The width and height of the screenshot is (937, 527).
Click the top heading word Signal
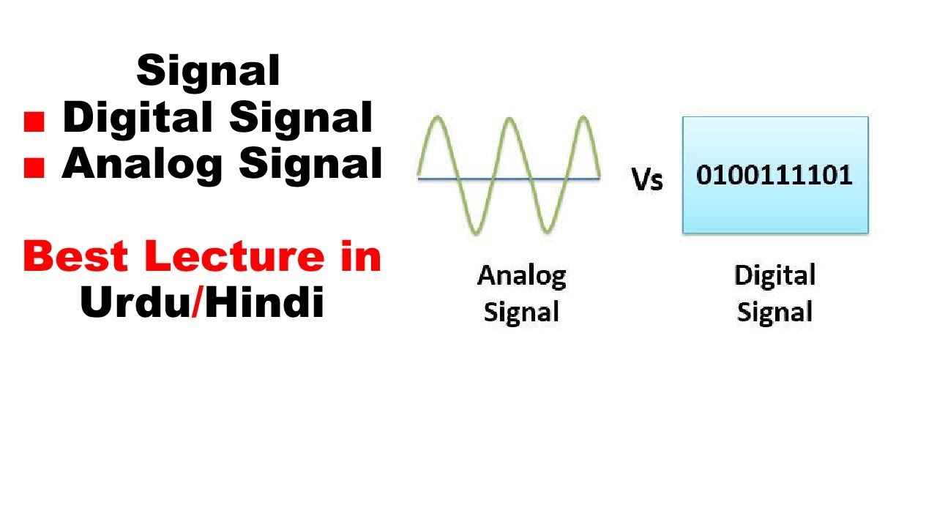pos(208,71)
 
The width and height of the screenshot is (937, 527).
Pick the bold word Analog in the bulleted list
pos(143,164)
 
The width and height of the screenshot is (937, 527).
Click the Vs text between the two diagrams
pos(647,179)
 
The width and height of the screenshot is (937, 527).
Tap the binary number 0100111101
pos(774,176)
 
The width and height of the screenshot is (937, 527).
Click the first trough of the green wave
pos(474,232)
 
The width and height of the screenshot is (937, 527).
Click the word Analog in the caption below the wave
pos(521,276)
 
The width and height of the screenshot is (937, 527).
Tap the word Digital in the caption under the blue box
pos(774,276)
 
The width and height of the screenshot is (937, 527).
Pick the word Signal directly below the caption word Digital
pos(774,313)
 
